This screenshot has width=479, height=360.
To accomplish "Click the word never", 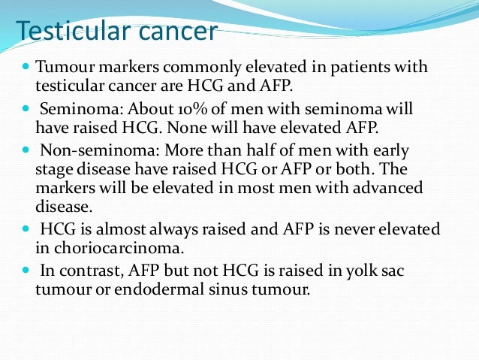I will [x=353, y=228].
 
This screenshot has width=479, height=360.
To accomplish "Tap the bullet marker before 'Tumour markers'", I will [x=24, y=68].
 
